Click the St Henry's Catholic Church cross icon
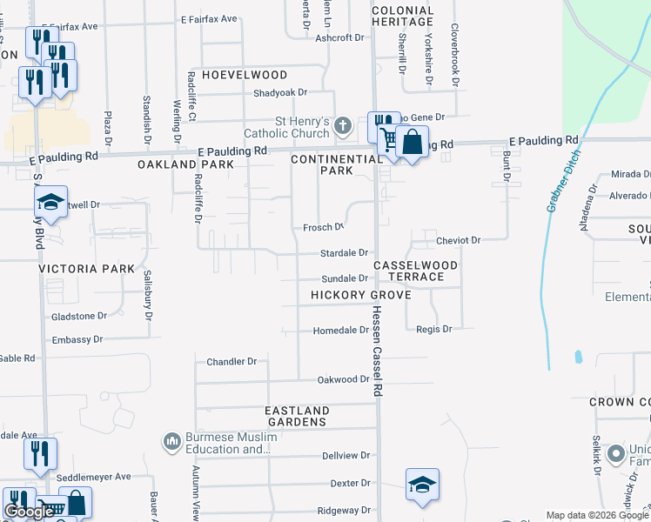(x=343, y=128)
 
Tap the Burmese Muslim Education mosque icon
(x=171, y=444)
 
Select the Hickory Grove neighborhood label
(x=360, y=295)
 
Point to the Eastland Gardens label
(x=298, y=416)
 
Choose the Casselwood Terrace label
(x=409, y=270)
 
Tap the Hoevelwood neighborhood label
(x=245, y=76)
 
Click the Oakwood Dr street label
(x=343, y=379)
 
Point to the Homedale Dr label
(x=341, y=331)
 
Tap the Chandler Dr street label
(x=232, y=361)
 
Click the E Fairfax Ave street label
(x=209, y=18)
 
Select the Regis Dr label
(x=434, y=330)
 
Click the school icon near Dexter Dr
(x=422, y=485)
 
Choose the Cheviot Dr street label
(x=459, y=240)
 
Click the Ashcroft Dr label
(x=339, y=37)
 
